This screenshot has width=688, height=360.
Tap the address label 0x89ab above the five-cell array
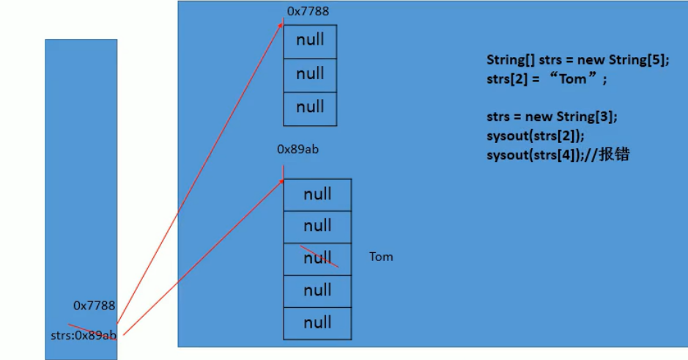(298, 149)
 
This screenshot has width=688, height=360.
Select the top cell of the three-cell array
(310, 41)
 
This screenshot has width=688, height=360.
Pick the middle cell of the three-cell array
(310, 75)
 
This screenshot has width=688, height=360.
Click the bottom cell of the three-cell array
(310, 109)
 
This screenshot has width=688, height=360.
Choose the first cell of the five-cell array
(317, 194)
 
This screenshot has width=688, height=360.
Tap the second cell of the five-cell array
(317, 227)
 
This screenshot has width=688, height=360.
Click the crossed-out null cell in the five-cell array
(317, 258)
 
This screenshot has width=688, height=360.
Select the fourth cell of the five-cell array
(317, 290)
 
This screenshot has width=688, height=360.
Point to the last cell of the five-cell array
(317, 323)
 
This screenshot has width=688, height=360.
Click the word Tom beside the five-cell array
(381, 257)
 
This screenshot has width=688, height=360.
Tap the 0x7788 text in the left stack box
(94, 305)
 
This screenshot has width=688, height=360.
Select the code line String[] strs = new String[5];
(577, 61)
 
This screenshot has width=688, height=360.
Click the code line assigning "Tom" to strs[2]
(547, 79)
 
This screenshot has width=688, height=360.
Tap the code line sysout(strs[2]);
(536, 136)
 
